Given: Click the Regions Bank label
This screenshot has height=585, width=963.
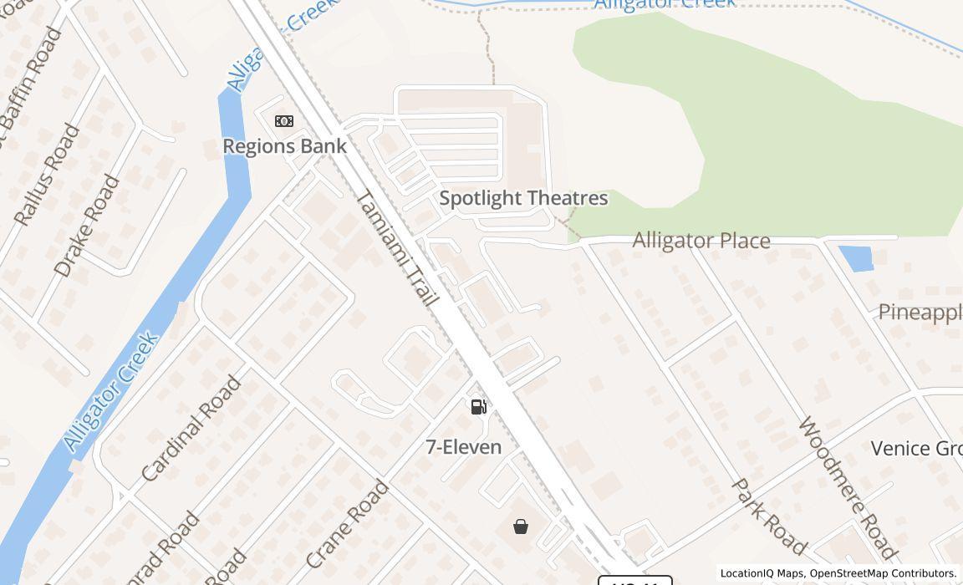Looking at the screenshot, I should pos(284,146).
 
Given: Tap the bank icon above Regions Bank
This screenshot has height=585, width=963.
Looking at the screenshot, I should pos(284,121).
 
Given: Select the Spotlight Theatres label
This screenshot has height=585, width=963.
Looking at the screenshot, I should pos(523,198).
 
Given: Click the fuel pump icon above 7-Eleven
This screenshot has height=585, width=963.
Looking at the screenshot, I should pos(479,407).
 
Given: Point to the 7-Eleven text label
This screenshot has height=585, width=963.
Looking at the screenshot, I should pos(464,447).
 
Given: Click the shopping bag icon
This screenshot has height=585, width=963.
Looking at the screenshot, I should pos(521,526).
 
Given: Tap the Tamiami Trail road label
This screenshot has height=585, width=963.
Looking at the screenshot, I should pos(398,247).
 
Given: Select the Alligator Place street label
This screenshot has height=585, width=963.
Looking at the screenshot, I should pos(701,241).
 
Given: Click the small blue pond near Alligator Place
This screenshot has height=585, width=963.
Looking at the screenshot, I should pos(855,258).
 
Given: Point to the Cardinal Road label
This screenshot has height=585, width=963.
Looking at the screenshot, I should pos(191,429).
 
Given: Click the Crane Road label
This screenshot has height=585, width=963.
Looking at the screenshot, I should pos(347,524).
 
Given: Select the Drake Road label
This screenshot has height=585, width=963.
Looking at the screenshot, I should pos(87,226).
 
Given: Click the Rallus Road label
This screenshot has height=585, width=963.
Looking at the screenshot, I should pos(48,175).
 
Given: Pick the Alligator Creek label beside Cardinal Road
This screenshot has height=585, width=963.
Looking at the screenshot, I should pos(111,391).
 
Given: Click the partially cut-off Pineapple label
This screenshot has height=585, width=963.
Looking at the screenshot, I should pos(920,313).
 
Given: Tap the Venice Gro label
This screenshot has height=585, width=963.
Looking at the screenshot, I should pos(916,449).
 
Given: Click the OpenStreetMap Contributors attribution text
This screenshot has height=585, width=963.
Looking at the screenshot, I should pos(883,573).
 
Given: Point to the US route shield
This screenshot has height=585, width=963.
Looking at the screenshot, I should pos(635,580).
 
